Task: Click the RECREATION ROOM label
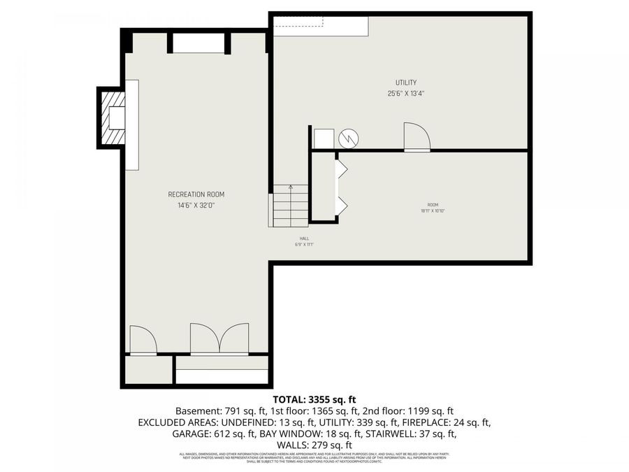tap(196, 194)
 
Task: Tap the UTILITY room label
tap(406, 83)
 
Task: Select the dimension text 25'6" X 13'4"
tap(406, 94)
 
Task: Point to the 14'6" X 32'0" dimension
tap(196, 206)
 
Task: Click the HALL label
tap(304, 238)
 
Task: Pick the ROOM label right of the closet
tap(433, 204)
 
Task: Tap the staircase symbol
tap(290, 205)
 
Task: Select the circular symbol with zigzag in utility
tap(348, 138)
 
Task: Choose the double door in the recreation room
tap(219, 338)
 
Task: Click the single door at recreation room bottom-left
tap(143, 341)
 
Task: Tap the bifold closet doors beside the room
tap(341, 187)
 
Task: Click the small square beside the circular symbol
tap(324, 138)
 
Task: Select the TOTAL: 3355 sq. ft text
tap(314, 399)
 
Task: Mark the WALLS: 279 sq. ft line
tap(314, 445)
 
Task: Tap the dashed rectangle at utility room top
tap(298, 22)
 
